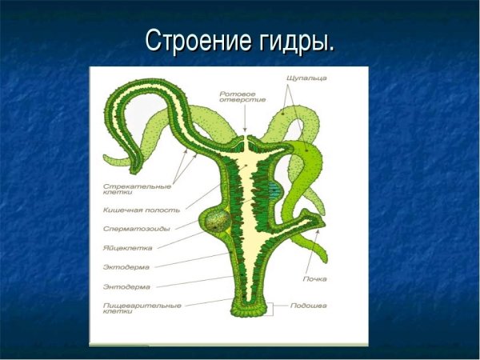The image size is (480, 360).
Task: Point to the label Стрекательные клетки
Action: (125, 190)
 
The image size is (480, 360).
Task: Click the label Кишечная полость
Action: (130, 210)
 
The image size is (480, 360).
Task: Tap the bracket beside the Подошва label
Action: (274, 307)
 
